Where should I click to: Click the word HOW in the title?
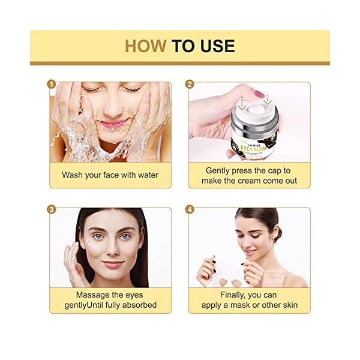[145, 46]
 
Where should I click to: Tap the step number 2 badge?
[190, 84]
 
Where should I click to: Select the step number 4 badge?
[190, 209]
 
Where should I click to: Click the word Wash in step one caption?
[73, 175]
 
